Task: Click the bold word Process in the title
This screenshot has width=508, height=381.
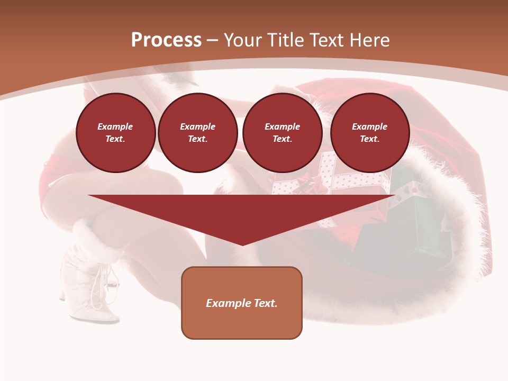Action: (x=166, y=40)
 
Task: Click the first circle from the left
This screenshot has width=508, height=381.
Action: (x=115, y=133)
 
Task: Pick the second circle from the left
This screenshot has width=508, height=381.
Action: (x=197, y=133)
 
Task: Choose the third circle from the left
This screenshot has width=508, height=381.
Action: (x=282, y=133)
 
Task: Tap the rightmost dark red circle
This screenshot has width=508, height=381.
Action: (x=369, y=133)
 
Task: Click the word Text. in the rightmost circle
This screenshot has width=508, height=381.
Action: (x=369, y=139)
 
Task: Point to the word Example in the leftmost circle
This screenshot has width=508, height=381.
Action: (x=115, y=126)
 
